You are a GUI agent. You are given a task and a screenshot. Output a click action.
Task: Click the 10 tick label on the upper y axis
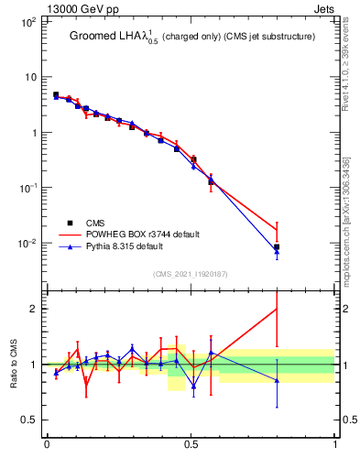tap(29, 77)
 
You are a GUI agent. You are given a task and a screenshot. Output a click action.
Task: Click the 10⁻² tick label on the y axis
tap(27, 243)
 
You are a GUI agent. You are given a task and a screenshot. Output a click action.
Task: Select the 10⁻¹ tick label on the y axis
tap(27, 188)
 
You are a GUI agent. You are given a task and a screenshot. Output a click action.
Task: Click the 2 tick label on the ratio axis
tap(35, 309)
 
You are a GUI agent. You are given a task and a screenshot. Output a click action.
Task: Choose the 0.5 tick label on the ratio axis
tap(30, 420)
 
